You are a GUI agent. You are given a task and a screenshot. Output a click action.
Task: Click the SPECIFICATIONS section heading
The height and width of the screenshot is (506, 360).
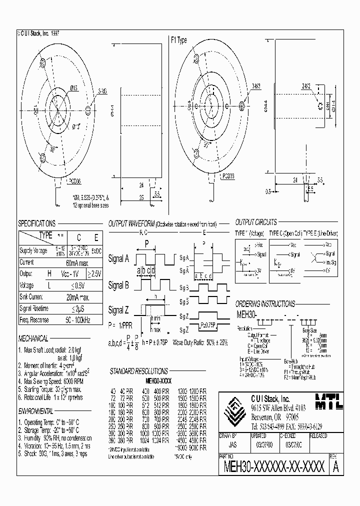[37, 223]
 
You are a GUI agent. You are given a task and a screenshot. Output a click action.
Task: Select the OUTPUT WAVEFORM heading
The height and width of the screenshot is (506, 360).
[131, 223]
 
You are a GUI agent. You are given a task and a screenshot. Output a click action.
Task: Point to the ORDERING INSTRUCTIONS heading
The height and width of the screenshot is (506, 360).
[265, 303]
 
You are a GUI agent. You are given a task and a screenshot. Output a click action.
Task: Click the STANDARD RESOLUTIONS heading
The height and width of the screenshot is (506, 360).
[138, 371]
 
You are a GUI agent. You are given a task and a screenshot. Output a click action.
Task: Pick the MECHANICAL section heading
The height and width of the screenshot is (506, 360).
[33, 338]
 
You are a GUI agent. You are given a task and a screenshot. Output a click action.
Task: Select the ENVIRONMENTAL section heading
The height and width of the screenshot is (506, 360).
[36, 410]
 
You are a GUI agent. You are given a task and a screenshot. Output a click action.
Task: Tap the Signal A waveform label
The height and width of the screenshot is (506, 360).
[119, 258]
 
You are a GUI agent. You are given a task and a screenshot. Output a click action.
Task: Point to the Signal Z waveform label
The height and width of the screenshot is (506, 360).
[119, 311]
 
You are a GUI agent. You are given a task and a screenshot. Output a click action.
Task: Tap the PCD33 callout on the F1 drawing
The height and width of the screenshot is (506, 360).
[228, 176]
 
